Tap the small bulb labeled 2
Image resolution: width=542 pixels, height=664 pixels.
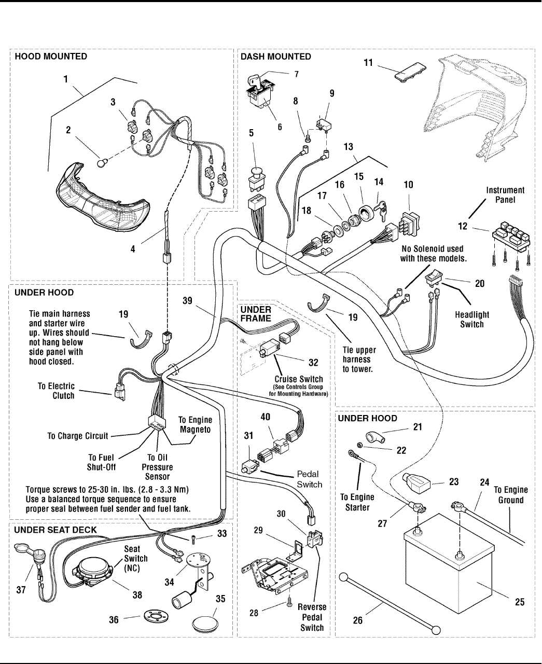click(102, 163)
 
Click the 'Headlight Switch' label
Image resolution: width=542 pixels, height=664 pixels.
click(472, 320)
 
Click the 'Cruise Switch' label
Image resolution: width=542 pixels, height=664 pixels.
click(299, 379)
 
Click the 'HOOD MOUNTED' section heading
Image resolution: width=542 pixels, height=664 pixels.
click(51, 56)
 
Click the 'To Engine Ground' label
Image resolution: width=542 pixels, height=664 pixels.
click(510, 495)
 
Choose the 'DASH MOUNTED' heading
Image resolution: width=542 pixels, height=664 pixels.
click(276, 56)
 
